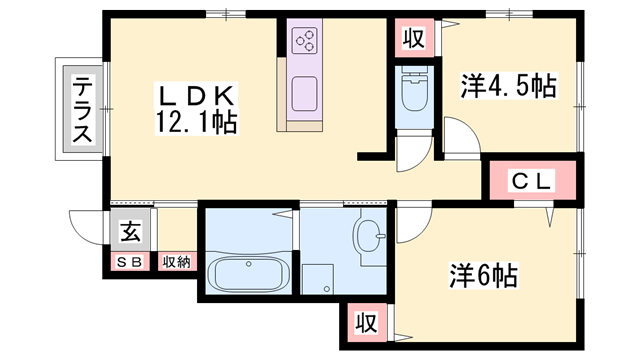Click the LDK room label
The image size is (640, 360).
pyautogui.click(x=196, y=97)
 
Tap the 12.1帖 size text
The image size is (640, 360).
pyautogui.click(x=196, y=122)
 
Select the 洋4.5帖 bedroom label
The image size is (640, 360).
pyautogui.click(x=509, y=86)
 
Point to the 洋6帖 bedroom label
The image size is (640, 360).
pyautogui.click(x=484, y=275)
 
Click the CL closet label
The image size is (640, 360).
pyautogui.click(x=531, y=180)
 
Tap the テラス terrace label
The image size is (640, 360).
pyautogui.click(x=82, y=109)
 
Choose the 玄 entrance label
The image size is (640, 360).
pyautogui.click(x=131, y=231)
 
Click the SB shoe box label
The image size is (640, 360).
pyautogui.click(x=129, y=262)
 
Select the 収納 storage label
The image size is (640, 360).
pyautogui.click(x=176, y=262)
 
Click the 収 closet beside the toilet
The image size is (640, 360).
pyautogui.click(x=414, y=38)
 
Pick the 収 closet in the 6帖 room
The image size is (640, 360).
pyautogui.click(x=366, y=322)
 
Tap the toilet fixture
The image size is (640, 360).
pyautogui.click(x=414, y=88)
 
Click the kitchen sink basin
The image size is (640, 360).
pyautogui.click(x=304, y=93)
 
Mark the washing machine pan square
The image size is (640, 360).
pyautogui.click(x=317, y=279)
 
